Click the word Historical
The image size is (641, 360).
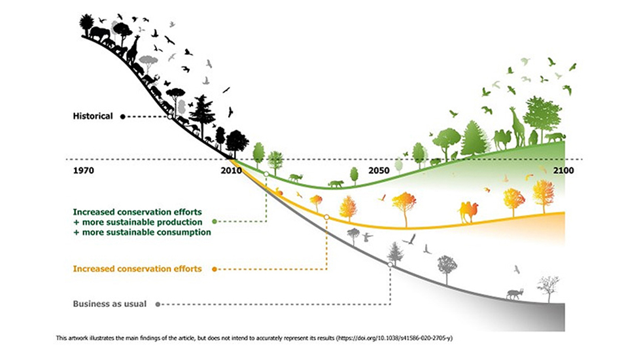click(x=93, y=116)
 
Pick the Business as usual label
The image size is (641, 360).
click(x=109, y=304)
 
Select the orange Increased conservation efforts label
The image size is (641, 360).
click(x=137, y=268)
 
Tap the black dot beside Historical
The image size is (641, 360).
click(x=123, y=117)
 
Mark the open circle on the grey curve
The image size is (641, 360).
click(x=390, y=264)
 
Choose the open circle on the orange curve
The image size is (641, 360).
click(x=326, y=217)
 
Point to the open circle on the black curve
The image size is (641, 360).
click(x=170, y=117)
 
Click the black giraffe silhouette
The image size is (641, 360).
click(x=133, y=49)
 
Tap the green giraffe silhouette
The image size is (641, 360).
click(x=517, y=127)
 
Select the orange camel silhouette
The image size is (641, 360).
click(x=468, y=211)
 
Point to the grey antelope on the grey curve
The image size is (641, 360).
click(x=513, y=294)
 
